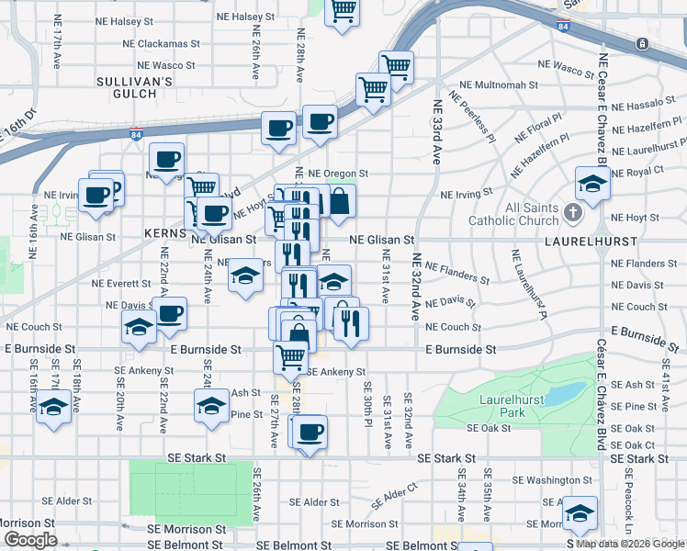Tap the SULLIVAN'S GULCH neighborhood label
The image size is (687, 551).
pyautogui.click(x=135, y=87)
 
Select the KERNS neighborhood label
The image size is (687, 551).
pyautogui.click(x=165, y=234)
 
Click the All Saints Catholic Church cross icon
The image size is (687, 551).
pyautogui.click(x=573, y=214)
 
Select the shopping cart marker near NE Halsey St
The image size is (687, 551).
pyautogui.click(x=343, y=11)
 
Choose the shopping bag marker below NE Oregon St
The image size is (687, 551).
pyautogui.click(x=340, y=202)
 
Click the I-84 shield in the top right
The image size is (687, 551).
pyautogui.click(x=563, y=28)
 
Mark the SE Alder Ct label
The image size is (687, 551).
pyautogui.click(x=395, y=500)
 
